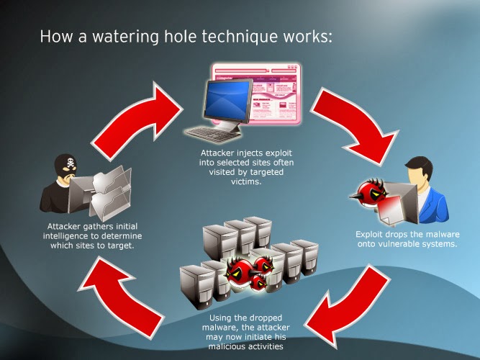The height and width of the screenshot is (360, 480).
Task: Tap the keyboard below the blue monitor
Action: tap(212, 134)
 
